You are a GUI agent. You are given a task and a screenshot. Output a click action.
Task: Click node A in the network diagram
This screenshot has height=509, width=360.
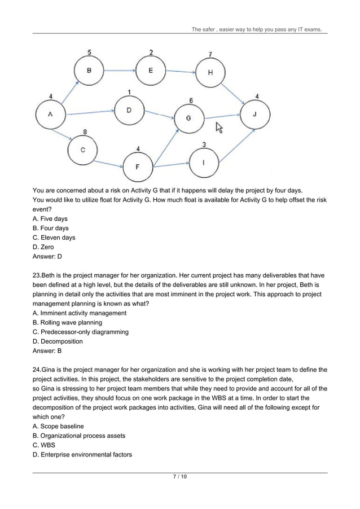click(50, 115)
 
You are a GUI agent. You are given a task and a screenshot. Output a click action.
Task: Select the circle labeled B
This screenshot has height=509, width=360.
click(89, 71)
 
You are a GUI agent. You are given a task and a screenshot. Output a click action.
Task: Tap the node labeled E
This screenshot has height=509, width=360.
click(151, 71)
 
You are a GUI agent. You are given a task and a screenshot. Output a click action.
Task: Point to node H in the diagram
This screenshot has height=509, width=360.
click(209, 73)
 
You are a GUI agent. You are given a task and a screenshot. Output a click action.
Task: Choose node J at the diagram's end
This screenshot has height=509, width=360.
click(254, 114)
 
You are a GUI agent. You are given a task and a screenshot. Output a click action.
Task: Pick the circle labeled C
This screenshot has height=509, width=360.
click(82, 150)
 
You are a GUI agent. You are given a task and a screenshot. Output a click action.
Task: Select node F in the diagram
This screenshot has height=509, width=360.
click(138, 167)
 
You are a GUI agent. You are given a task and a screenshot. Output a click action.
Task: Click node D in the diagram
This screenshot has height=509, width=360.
click(129, 110)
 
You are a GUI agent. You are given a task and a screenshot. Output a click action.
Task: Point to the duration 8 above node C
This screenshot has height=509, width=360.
click(85, 132)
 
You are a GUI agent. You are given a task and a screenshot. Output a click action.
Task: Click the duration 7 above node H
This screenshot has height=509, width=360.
click(210, 55)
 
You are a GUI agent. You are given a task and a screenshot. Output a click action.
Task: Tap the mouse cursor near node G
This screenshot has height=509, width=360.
click(219, 129)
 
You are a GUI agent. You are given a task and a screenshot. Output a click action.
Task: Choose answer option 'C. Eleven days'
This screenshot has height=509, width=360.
click(54, 238)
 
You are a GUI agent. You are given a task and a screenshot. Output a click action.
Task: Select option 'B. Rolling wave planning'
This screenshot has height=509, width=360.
click(68, 323)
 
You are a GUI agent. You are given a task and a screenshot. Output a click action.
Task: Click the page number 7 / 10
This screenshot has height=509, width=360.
click(179, 477)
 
